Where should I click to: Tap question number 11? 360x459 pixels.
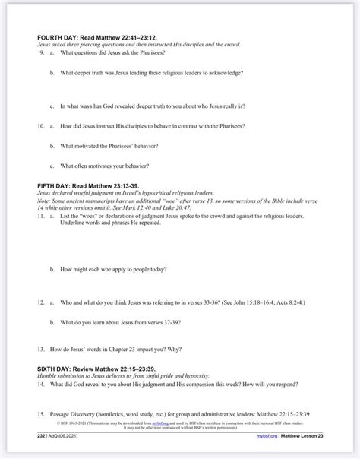[41, 217]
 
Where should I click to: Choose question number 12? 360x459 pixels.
[41, 302]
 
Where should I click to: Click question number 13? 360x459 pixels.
[41, 351]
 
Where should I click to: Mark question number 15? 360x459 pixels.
[41, 414]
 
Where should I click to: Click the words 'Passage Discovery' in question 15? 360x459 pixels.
[71, 414]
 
